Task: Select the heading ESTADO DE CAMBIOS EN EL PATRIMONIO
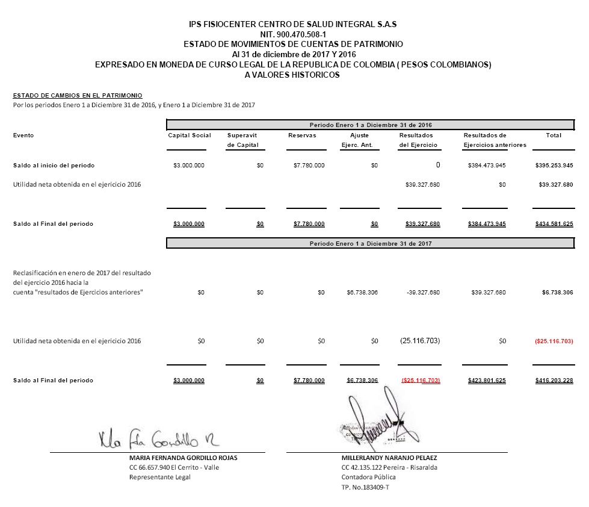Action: click(x=78, y=95)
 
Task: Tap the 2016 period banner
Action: click(x=371, y=125)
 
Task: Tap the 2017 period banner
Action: click(x=371, y=243)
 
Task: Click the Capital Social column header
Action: click(x=190, y=135)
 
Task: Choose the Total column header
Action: click(x=554, y=135)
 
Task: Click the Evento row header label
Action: click(x=23, y=135)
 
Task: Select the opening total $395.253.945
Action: click(x=554, y=165)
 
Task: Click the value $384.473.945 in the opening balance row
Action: click(x=487, y=165)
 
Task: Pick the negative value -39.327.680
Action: click(x=423, y=293)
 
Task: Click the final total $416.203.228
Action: click(x=554, y=381)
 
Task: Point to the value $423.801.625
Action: click(x=487, y=381)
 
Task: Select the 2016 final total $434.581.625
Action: click(x=554, y=224)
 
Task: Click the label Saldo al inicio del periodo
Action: click(x=54, y=165)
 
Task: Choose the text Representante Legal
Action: click(x=159, y=477)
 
